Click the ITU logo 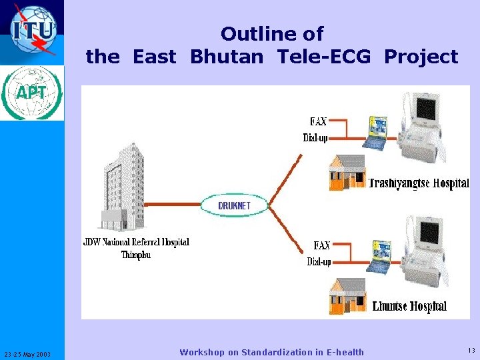32,30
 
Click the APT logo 32,93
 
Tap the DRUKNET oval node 234,205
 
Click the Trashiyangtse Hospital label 419,183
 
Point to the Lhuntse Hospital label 409,307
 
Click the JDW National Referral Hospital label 136,242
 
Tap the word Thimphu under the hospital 136,255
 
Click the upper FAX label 318,121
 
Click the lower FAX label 322,245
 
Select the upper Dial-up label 315,138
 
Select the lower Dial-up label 319,262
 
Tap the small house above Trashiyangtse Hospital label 347,173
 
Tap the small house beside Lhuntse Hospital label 347,297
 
